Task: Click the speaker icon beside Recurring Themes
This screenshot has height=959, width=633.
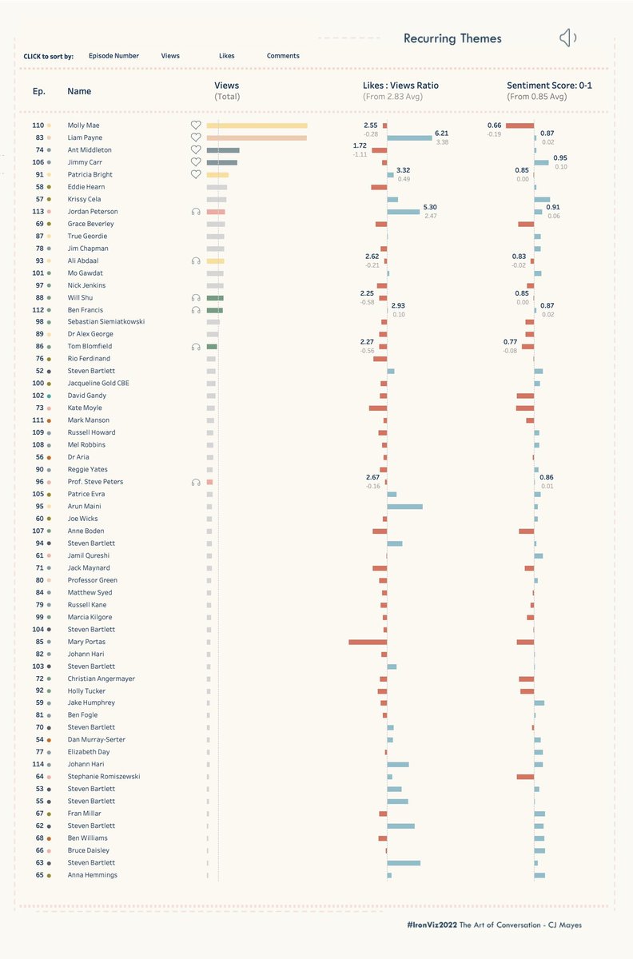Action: [x=567, y=38]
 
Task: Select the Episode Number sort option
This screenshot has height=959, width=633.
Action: [x=113, y=56]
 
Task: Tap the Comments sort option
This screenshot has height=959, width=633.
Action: [x=283, y=56]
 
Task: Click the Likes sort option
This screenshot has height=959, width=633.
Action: [x=227, y=56]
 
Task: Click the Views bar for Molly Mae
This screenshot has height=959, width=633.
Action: [x=257, y=125]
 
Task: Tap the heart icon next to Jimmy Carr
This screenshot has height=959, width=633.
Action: [x=196, y=162]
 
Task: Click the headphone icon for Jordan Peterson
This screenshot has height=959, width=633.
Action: [x=196, y=212]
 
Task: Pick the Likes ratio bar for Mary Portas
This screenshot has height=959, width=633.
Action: [x=368, y=642]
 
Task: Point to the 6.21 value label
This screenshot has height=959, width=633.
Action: [x=442, y=133]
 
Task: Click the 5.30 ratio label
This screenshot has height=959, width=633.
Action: [x=430, y=207]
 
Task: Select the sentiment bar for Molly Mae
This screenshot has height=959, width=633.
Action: [x=520, y=125]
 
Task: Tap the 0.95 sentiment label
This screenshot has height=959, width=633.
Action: [x=560, y=158]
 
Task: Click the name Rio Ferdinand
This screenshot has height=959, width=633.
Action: [x=90, y=359]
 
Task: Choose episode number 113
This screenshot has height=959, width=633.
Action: [x=38, y=212]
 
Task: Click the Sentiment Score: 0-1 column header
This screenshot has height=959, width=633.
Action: [x=550, y=86]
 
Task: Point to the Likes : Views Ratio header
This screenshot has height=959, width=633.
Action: [x=400, y=86]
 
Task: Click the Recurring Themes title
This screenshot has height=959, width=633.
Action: [x=452, y=38]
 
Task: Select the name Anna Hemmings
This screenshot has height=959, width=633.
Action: [x=92, y=875]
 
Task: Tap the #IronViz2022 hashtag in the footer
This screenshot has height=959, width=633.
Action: [x=432, y=925]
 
